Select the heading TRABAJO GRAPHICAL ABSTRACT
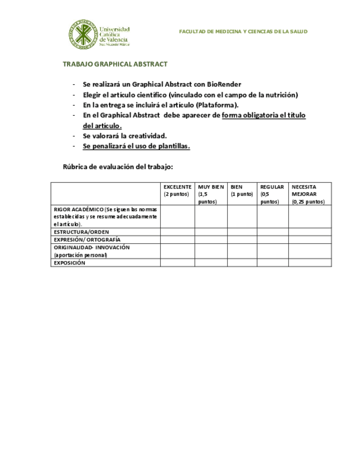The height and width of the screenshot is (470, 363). tap(115, 64)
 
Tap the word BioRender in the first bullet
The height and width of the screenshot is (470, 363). tap(224, 84)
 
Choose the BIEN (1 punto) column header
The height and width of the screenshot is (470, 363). tap(242, 190)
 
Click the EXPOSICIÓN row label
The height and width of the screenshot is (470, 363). tap(70, 263)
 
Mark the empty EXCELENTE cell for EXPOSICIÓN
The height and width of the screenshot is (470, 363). tap(177, 263)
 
